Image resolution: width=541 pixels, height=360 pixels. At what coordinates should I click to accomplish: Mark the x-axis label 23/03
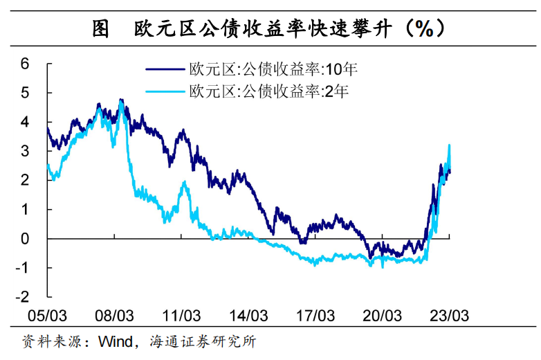point(450,316)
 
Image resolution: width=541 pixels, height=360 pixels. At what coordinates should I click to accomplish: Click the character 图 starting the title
point(101,28)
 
